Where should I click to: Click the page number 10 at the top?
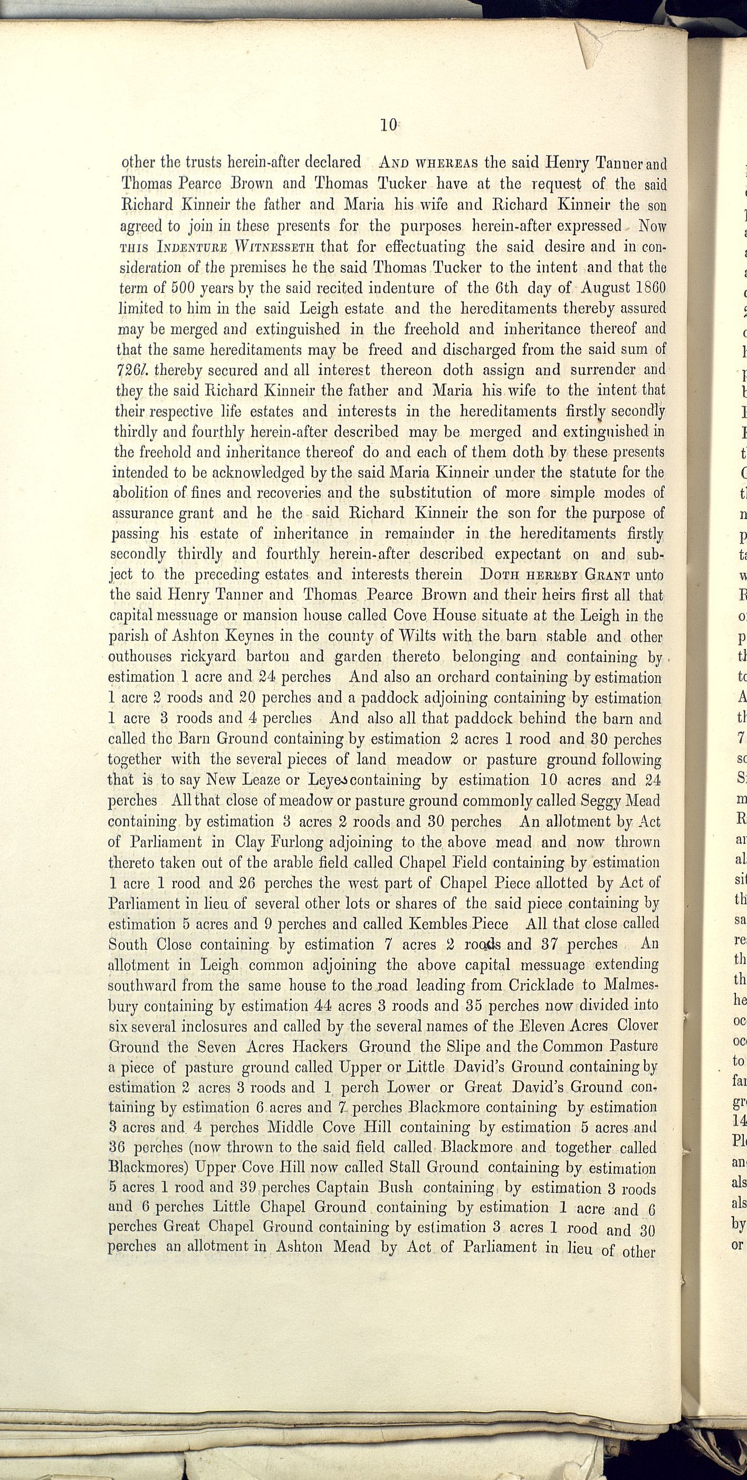coord(388,125)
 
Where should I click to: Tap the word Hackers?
coord(319,1047)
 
